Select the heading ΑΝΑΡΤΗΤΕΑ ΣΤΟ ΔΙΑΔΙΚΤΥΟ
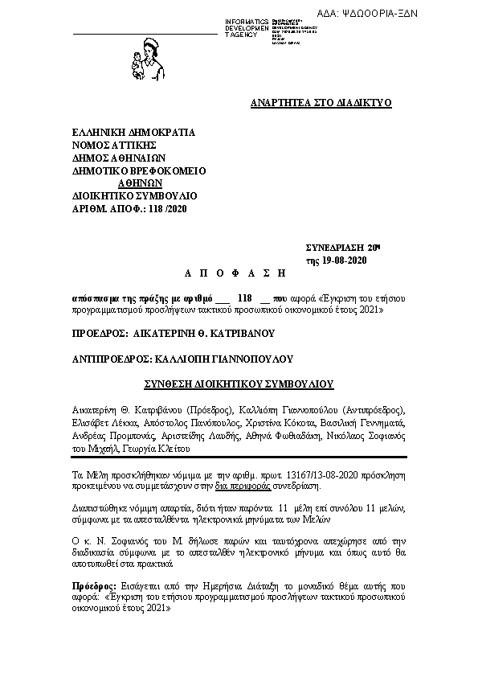(321, 104)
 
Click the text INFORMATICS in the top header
(247, 22)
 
